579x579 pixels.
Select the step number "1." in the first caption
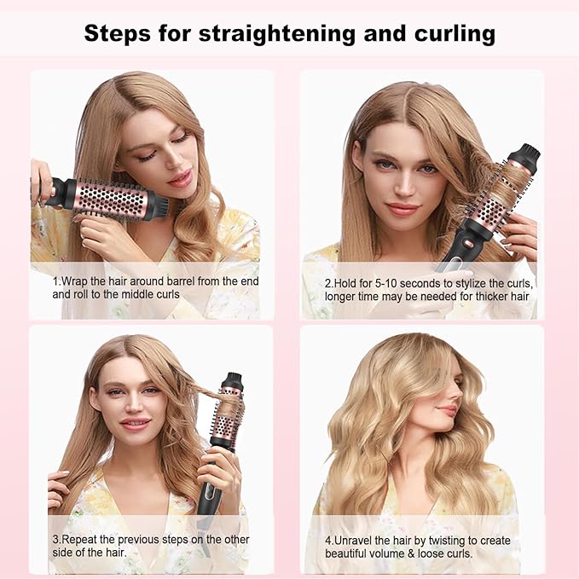click(56, 281)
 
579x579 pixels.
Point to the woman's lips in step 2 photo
click(402, 208)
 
